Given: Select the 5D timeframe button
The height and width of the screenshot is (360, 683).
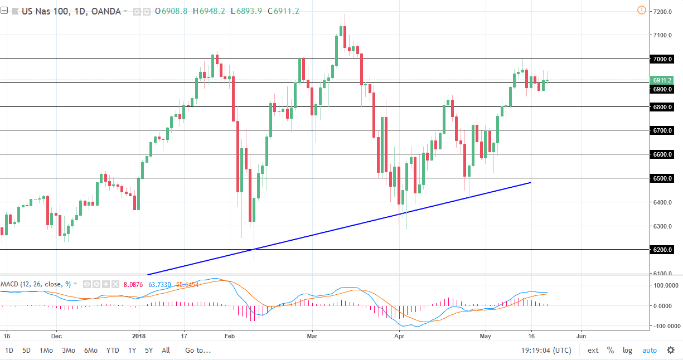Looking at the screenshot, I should click(27, 351).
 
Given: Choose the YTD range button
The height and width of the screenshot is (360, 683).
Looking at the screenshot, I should click(112, 351).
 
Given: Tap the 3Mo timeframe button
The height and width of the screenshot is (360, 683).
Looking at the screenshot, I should click(68, 351).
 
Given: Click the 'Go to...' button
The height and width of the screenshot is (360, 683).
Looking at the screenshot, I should click(198, 351).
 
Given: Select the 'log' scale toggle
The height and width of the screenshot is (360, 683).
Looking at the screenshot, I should click(628, 351).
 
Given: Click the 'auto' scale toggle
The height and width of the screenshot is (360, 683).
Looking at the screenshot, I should click(650, 351).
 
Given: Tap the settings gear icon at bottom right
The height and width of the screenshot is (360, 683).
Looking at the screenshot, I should click(670, 351).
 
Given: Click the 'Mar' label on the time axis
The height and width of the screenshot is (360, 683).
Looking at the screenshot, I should click(312, 337).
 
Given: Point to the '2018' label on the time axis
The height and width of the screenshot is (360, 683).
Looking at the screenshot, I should click(139, 337).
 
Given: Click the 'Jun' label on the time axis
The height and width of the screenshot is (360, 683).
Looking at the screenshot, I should click(581, 337).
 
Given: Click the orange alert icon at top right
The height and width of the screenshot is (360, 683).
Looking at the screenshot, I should click(641, 10).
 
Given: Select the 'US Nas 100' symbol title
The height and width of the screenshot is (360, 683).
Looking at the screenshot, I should click(44, 11).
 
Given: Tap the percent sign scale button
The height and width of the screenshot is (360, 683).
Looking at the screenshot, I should click(611, 351).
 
